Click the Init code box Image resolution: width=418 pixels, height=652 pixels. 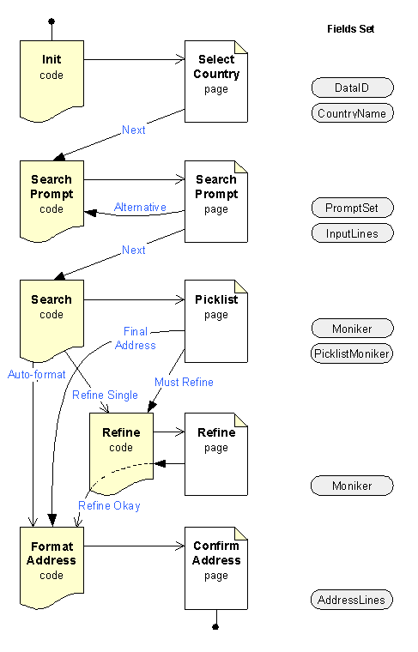click(x=51, y=77)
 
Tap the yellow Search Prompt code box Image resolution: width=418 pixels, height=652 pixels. click(x=51, y=197)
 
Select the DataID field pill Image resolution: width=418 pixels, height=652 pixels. click(x=352, y=88)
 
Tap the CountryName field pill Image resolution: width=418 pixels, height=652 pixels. click(x=352, y=113)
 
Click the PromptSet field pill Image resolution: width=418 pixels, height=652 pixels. click(x=352, y=208)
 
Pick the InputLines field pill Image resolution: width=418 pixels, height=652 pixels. click(x=352, y=233)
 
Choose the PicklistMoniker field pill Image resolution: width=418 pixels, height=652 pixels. click(x=352, y=353)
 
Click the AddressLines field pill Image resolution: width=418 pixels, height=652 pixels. click(x=352, y=600)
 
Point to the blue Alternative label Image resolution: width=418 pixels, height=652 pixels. click(x=140, y=208)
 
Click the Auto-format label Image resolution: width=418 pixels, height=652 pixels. click(x=37, y=375)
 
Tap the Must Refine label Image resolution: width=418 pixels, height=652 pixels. click(x=184, y=382)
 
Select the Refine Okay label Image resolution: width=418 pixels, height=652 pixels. click(x=109, y=506)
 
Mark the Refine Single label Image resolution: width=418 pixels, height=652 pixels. click(x=105, y=395)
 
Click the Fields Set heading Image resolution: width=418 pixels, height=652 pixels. click(x=350, y=29)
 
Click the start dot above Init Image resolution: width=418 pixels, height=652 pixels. click(x=51, y=21)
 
